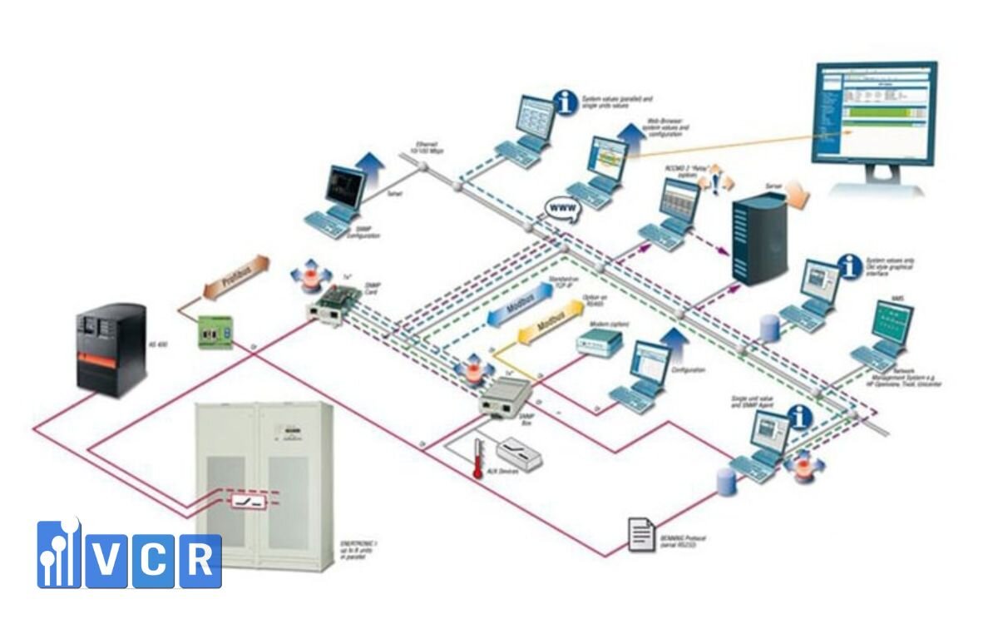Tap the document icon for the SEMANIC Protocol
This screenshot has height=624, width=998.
(x=640, y=535)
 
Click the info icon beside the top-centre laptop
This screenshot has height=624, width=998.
(x=566, y=103)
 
